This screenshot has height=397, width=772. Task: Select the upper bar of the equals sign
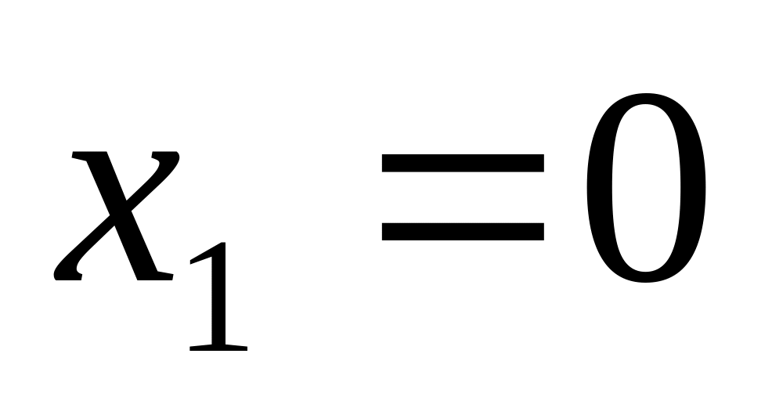463,163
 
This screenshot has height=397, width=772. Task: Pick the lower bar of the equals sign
463,232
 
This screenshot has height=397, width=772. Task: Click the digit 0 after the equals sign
646,188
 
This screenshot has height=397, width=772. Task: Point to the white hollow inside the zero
646,188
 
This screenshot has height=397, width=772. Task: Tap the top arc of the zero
646,98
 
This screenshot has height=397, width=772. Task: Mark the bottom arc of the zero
646,277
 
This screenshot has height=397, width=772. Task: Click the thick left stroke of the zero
599,188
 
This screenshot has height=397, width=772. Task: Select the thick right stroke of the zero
693,188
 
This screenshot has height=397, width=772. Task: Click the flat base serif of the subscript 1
218,348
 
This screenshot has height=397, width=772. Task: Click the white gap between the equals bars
463,197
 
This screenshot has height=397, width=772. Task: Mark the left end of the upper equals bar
383,163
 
